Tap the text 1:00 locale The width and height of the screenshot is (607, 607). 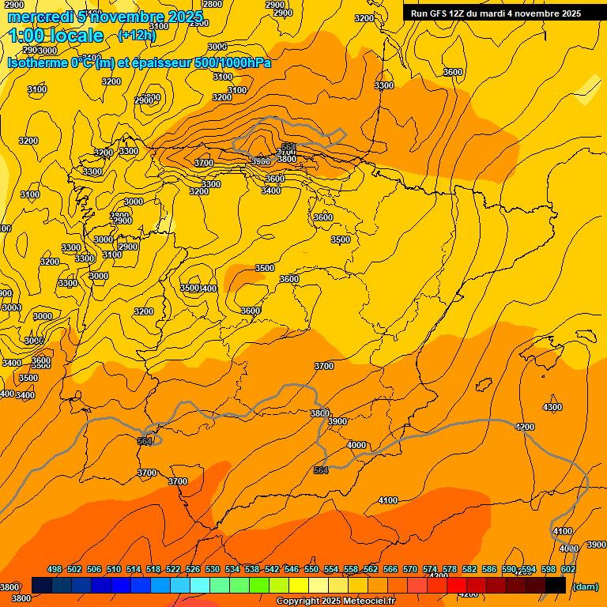[56, 36]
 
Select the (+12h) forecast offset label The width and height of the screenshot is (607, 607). [137, 35]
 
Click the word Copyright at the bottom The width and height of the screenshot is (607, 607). [298, 601]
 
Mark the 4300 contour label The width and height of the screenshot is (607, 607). [552, 407]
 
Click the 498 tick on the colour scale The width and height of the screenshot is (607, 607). [55, 569]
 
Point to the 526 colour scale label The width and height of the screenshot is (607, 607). [193, 569]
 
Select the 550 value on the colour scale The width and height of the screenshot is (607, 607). [311, 569]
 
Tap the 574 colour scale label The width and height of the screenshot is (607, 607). [430, 569]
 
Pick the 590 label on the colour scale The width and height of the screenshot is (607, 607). [509, 569]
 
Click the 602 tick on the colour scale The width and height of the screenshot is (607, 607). [568, 569]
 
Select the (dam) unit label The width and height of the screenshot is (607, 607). [586, 586]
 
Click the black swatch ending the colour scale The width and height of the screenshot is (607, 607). [556, 585]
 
